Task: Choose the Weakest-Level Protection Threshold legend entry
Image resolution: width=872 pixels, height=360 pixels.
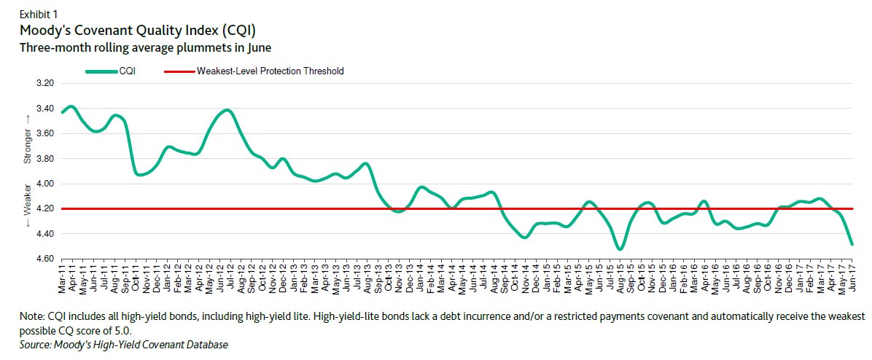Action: (x=270, y=71)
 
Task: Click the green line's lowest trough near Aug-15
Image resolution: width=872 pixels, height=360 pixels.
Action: (x=620, y=249)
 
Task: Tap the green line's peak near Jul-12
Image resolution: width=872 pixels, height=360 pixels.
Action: (x=227, y=110)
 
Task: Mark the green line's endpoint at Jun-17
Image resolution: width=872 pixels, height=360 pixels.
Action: (x=852, y=244)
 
